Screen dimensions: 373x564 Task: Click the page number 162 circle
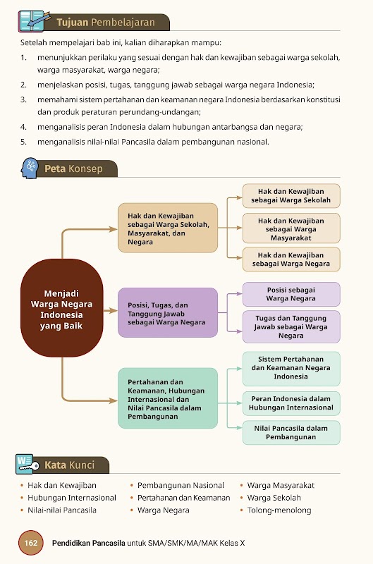30,542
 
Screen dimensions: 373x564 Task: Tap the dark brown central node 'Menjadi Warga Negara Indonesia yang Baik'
61,308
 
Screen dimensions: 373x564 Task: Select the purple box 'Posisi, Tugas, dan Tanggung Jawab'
168,312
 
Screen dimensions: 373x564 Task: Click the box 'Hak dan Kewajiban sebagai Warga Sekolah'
291,196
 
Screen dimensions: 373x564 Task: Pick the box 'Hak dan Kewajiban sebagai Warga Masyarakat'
291,228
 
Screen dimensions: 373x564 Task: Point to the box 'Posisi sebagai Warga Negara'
291,294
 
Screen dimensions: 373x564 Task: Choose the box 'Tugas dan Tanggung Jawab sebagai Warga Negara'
291,326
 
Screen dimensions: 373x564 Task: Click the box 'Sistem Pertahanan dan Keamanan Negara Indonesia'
291,368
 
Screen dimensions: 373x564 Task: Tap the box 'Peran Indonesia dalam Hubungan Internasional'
291,403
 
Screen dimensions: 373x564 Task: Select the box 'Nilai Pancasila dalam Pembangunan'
291,433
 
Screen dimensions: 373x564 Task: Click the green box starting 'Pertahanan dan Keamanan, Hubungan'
168,398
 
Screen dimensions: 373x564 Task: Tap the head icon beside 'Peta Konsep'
30,168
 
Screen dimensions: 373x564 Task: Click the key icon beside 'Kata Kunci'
27,464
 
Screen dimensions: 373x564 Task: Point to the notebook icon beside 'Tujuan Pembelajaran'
33,22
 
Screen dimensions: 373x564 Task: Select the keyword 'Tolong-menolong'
279,510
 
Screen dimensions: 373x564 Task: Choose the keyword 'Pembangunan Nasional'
181,485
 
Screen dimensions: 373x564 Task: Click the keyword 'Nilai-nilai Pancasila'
62,510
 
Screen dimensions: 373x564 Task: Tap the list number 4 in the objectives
23,127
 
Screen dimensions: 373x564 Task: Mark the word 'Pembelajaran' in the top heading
123,23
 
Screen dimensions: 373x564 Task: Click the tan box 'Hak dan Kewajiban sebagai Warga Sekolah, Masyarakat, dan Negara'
168,228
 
